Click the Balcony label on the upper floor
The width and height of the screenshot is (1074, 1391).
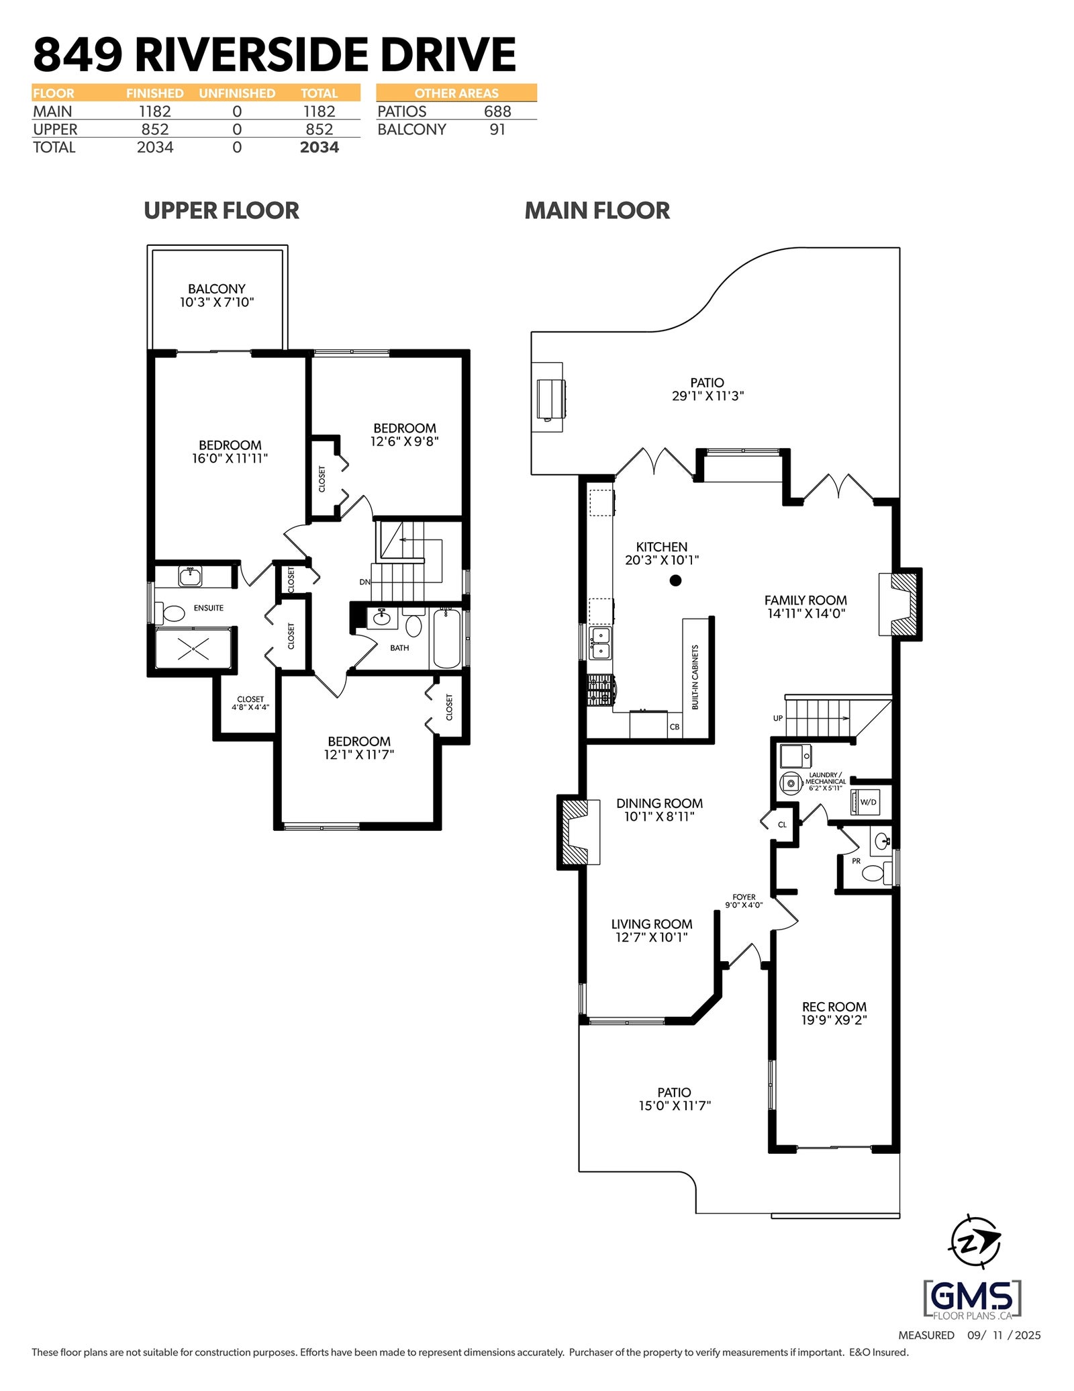pos(216,296)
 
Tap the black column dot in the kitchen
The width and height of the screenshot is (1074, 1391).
pos(675,580)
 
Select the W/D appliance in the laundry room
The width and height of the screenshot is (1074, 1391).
pos(865,802)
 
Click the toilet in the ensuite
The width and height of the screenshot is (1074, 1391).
pos(170,613)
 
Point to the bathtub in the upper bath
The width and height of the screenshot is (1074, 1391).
pos(446,638)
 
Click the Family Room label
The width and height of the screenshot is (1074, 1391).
pos(805,607)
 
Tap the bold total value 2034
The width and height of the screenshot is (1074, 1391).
pos(320,147)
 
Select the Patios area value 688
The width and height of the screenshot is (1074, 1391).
pos(497,111)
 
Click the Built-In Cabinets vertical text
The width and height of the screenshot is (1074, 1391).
pos(695,677)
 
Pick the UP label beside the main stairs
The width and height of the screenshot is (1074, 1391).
pos(777,718)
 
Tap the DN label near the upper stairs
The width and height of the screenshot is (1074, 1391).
pos(364,582)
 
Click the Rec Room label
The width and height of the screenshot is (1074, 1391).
pos(834,1013)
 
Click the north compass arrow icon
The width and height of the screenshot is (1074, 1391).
pos(975,1244)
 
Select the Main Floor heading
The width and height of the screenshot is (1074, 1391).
pos(597,210)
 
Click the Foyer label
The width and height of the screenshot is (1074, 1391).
pos(744,901)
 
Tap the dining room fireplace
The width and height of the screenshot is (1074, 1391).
pos(578,832)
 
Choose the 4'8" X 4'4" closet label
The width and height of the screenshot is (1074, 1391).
pos(250,703)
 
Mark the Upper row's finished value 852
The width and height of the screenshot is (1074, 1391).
pos(155,129)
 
